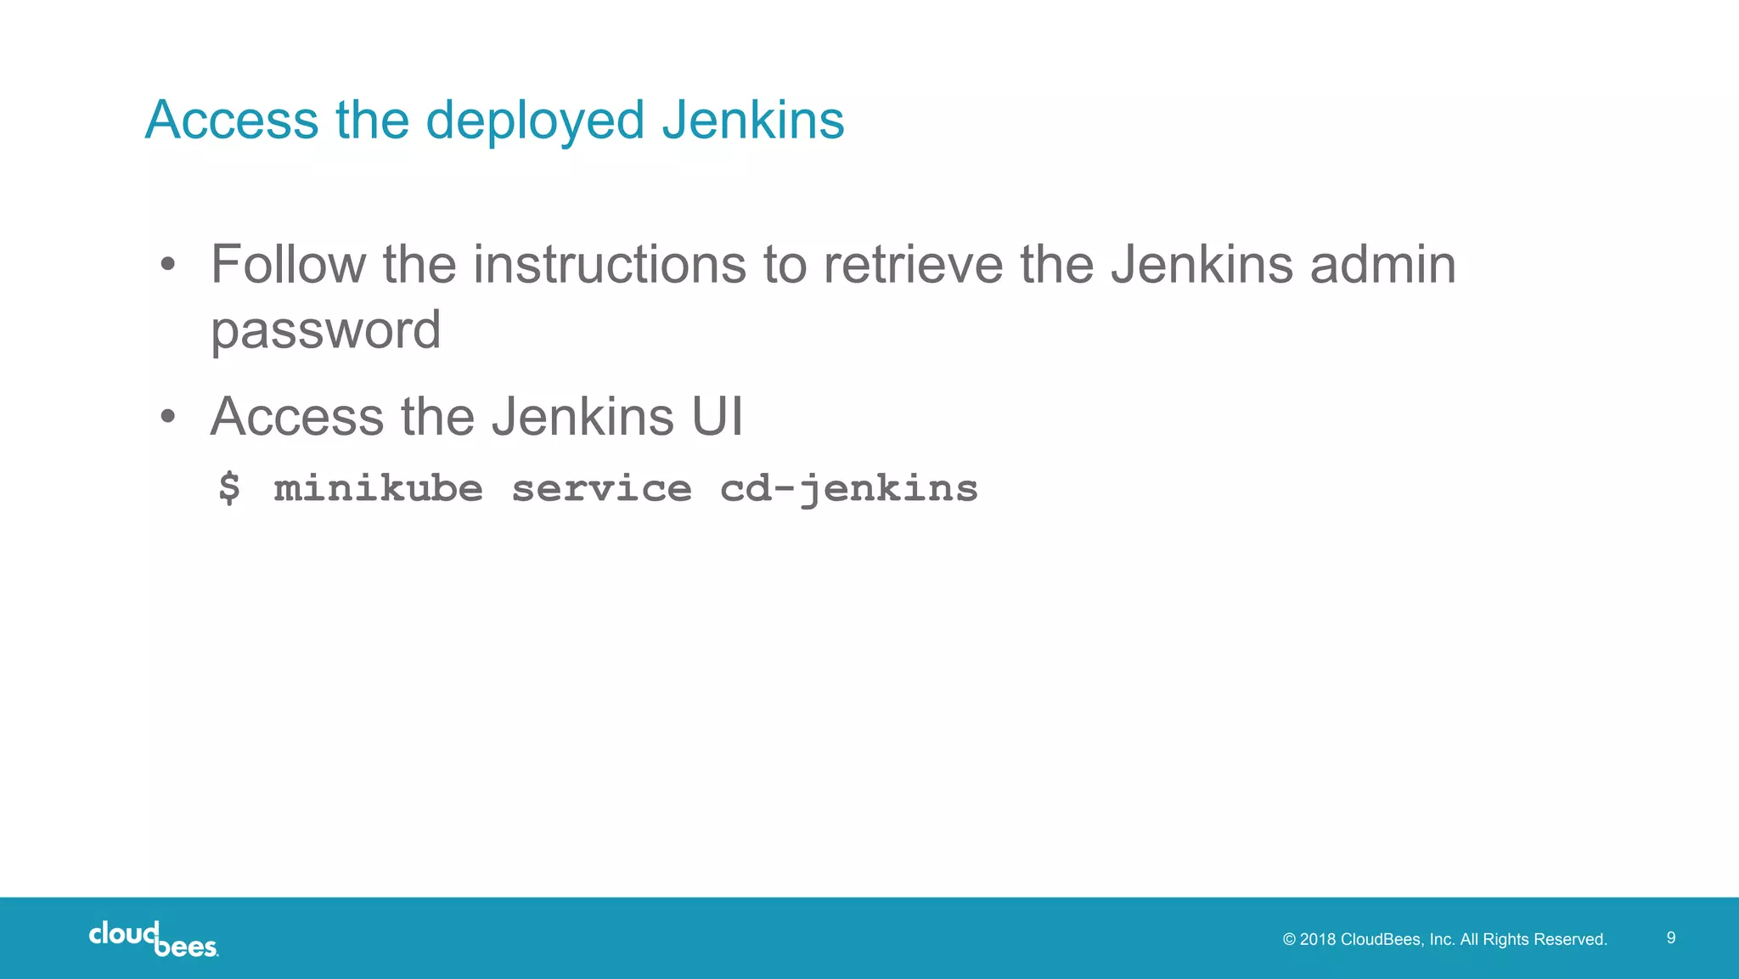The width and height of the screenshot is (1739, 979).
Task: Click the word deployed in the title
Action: pos(536,120)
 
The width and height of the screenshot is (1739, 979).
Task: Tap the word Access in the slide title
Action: pos(231,120)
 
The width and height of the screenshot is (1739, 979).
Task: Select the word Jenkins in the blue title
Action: pos(752,120)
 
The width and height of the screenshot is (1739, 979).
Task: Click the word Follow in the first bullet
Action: pos(288,264)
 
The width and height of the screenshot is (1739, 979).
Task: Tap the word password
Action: pos(325,330)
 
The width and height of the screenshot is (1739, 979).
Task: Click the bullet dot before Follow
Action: pos(168,265)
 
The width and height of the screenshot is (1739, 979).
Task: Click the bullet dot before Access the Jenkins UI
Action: pos(168,417)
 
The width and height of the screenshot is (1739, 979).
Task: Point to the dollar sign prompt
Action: pos(229,488)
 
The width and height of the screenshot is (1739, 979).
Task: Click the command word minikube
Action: pos(378,488)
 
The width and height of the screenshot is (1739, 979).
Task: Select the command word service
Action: pos(601,488)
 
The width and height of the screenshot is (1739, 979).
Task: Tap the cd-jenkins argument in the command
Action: pos(848,488)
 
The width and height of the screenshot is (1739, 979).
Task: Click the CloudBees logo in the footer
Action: pos(154,938)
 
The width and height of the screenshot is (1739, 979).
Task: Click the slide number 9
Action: pos(1670,937)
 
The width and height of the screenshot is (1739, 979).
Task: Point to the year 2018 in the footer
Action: pos(1318,939)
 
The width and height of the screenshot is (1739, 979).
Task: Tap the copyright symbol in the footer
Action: pos(1289,939)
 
